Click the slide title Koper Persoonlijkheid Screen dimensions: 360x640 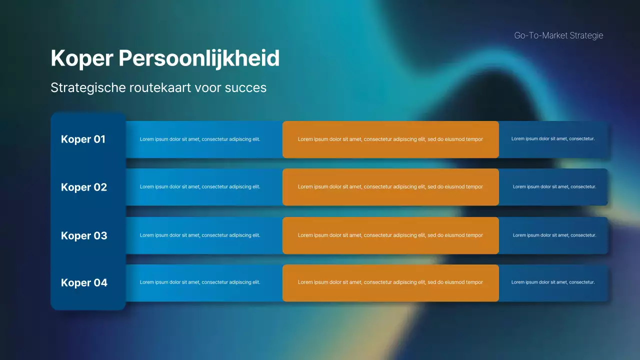[165, 58]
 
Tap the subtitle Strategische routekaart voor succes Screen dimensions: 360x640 [158, 87]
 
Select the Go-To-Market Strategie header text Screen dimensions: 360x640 [558, 35]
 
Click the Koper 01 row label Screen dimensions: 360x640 [83, 139]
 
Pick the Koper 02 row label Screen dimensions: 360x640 [84, 187]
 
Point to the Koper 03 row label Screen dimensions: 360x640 [84, 235]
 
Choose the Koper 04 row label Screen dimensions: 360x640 [84, 283]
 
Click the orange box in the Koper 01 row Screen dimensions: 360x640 [390, 139]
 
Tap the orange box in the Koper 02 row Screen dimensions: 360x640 [390, 187]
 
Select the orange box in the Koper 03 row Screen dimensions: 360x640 [390, 235]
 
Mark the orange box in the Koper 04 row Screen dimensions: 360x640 [390, 283]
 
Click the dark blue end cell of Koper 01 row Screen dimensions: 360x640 [553, 139]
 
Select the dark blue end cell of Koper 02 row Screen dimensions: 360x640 [553, 187]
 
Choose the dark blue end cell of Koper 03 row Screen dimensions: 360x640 [553, 235]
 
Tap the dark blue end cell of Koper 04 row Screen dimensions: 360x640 [553, 283]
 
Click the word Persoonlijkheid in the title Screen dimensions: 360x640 [199, 58]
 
